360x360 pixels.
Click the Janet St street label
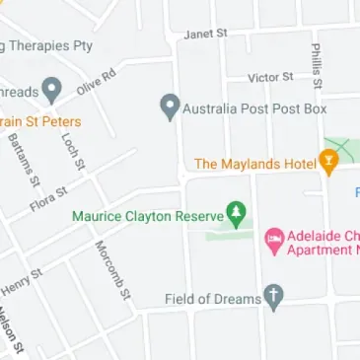(205, 33)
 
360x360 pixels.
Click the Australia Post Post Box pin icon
(170, 106)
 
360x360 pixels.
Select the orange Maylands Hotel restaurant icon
(328, 161)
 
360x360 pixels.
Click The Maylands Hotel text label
(254, 163)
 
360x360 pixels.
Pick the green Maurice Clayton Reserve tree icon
(235, 211)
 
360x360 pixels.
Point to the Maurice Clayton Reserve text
(147, 213)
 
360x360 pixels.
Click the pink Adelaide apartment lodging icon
(272, 240)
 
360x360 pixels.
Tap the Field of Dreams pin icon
(274, 296)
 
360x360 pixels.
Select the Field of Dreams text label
(211, 298)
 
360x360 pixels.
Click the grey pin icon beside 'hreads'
(53, 91)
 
